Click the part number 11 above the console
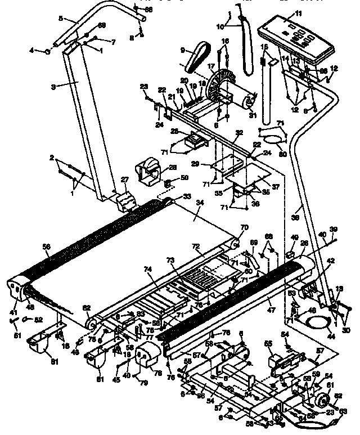pos(298,12)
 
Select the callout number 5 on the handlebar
pos(61,19)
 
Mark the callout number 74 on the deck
pos(148,270)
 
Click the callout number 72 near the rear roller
pos(196,246)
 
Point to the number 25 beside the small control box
pos(175,131)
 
